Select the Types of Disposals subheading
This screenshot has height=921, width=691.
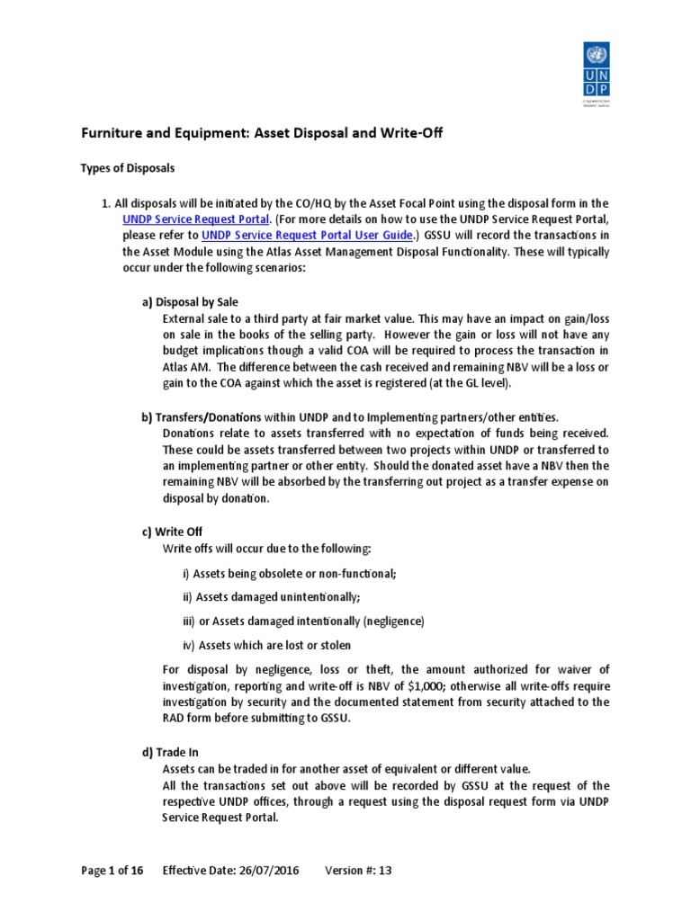pyautogui.click(x=128, y=168)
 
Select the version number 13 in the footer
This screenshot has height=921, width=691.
pyautogui.click(x=386, y=870)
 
